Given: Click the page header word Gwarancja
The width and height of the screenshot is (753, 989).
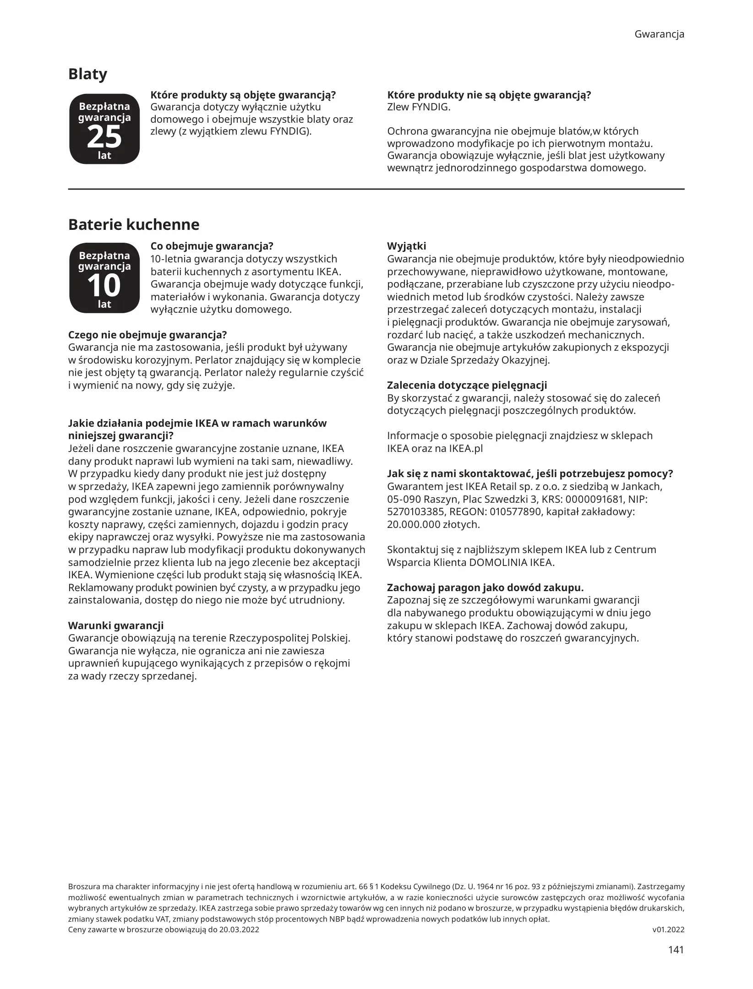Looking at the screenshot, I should coord(659,34).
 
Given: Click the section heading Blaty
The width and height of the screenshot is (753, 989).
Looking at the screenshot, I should coord(87,74).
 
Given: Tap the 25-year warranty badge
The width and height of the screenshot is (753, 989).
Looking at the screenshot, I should coord(104,129).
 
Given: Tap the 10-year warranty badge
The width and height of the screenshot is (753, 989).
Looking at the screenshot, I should coord(104,278).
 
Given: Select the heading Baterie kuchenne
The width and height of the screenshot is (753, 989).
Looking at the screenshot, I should coord(134,225).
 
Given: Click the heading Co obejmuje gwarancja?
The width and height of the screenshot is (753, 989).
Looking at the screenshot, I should coord(212,246).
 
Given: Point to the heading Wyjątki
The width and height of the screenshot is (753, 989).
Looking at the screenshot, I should coord(406,246).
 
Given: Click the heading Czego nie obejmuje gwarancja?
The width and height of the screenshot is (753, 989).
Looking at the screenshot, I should coord(147,335).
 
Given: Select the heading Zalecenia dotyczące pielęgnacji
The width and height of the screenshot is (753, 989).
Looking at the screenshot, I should coord(467,386).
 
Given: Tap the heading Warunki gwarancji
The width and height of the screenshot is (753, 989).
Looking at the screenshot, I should coord(115,625).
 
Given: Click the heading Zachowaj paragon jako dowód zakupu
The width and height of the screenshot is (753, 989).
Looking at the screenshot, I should coord(485,587).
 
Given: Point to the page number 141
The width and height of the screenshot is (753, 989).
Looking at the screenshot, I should coord(676,950).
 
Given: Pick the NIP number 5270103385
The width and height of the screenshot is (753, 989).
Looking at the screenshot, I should coord(416,512).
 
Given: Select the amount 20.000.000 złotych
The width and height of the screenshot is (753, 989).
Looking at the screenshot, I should coord(433,525).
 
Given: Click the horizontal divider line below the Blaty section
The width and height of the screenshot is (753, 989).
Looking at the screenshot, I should coord(376,189).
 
